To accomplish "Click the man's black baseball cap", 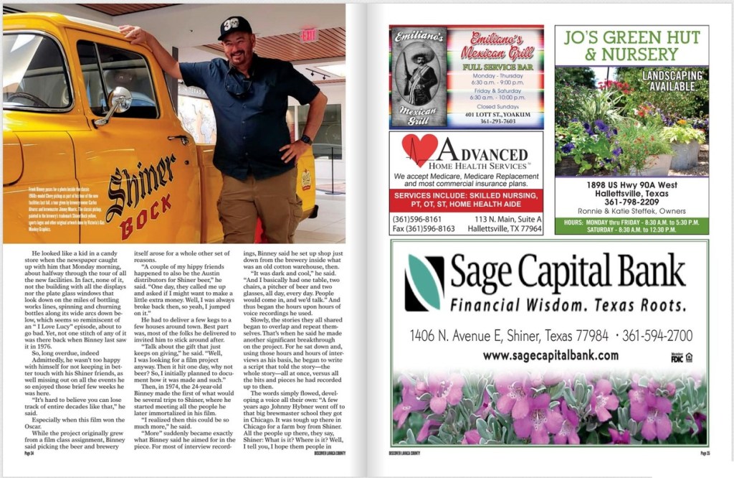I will point(234,28).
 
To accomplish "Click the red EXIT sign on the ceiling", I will point(309,34).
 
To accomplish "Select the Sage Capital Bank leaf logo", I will point(424,282).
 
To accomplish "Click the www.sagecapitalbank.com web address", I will point(550,355).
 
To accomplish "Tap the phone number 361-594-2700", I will point(657,335).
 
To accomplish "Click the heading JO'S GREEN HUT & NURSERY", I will point(631,45).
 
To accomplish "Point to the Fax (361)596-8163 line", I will point(424,229).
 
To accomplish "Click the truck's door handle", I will point(178,139).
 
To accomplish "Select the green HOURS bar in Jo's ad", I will point(631,225).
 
